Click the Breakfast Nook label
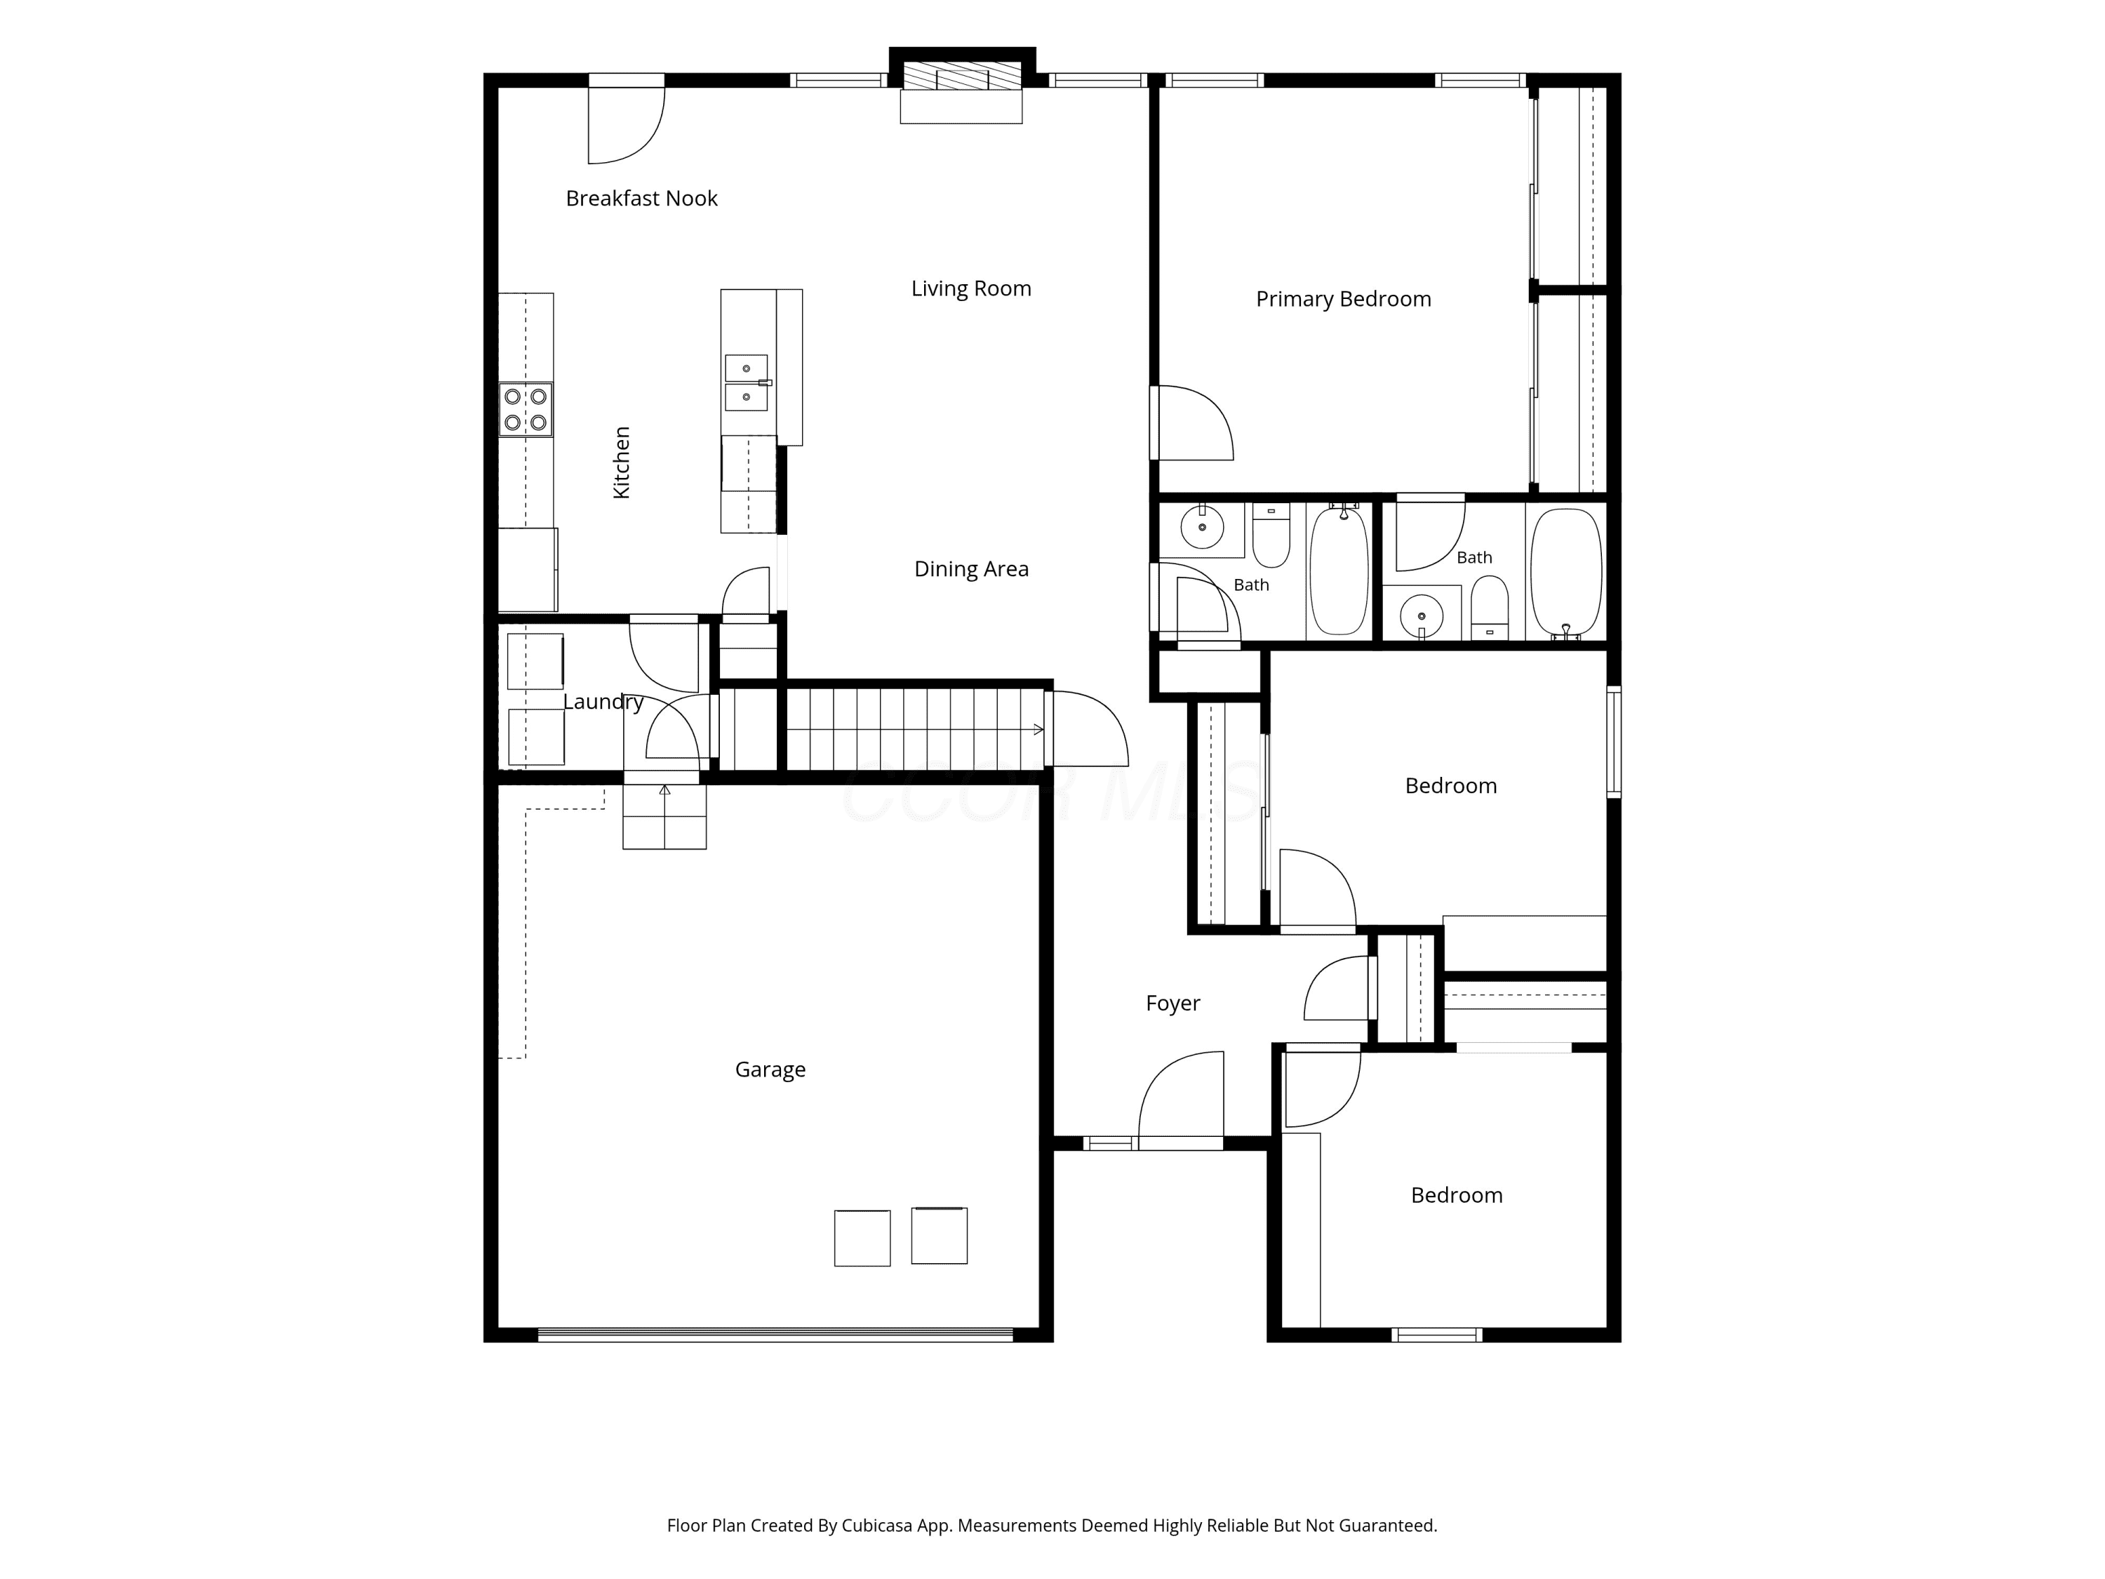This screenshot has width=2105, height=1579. click(641, 198)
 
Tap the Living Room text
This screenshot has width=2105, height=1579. click(970, 288)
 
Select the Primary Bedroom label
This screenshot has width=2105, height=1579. click(1343, 299)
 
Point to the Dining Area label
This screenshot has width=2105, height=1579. click(970, 569)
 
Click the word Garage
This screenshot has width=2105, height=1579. click(770, 1070)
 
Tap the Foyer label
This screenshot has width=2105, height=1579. click(1172, 1003)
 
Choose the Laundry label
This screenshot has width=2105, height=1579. click(603, 702)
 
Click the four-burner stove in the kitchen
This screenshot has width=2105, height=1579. click(526, 409)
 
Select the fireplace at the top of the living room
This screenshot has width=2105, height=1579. click(961, 86)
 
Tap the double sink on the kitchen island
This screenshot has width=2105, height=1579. click(747, 382)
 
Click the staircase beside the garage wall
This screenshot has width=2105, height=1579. click(914, 730)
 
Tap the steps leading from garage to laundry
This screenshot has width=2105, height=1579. click(664, 815)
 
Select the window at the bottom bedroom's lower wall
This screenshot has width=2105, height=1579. click(1437, 1334)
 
